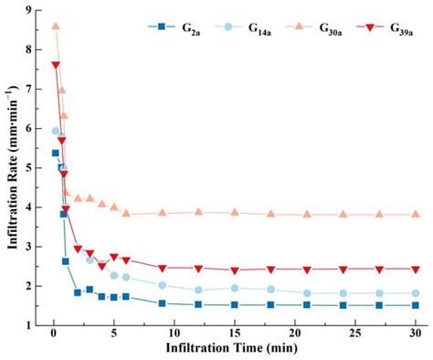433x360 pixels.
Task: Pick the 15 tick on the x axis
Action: point(235,337)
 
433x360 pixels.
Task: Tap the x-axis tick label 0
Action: point(55,337)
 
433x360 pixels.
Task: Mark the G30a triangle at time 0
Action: point(55,26)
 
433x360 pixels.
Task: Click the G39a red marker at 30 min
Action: point(416,270)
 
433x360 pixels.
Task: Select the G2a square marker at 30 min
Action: point(416,305)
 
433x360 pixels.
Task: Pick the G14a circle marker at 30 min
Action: point(416,293)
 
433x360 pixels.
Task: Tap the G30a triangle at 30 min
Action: point(416,215)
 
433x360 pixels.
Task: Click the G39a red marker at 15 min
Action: point(235,270)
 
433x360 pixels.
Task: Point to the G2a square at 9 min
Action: point(163,303)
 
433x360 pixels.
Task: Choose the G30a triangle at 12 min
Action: point(198,212)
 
